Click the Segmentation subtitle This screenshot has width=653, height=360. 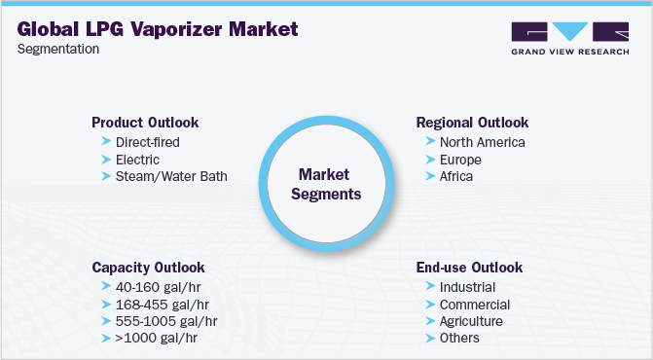pyautogui.click(x=59, y=50)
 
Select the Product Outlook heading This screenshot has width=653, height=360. pyautogui.click(x=145, y=123)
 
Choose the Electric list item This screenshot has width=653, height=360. pyautogui.click(x=136, y=160)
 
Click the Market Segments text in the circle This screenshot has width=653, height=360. pyautogui.click(x=330, y=184)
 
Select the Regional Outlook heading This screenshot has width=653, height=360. pyautogui.click(x=472, y=123)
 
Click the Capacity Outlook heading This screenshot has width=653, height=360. pyautogui.click(x=148, y=267)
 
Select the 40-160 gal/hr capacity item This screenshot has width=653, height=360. pyautogui.click(x=160, y=287)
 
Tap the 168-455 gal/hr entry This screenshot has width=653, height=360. pyautogui.click(x=163, y=305)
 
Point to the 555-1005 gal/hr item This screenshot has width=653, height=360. pyautogui.click(x=166, y=321)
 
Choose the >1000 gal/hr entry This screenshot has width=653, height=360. pyautogui.click(x=156, y=338)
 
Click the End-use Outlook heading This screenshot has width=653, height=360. pyautogui.click(x=469, y=267)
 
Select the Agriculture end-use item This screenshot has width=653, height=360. pyautogui.click(x=471, y=321)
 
